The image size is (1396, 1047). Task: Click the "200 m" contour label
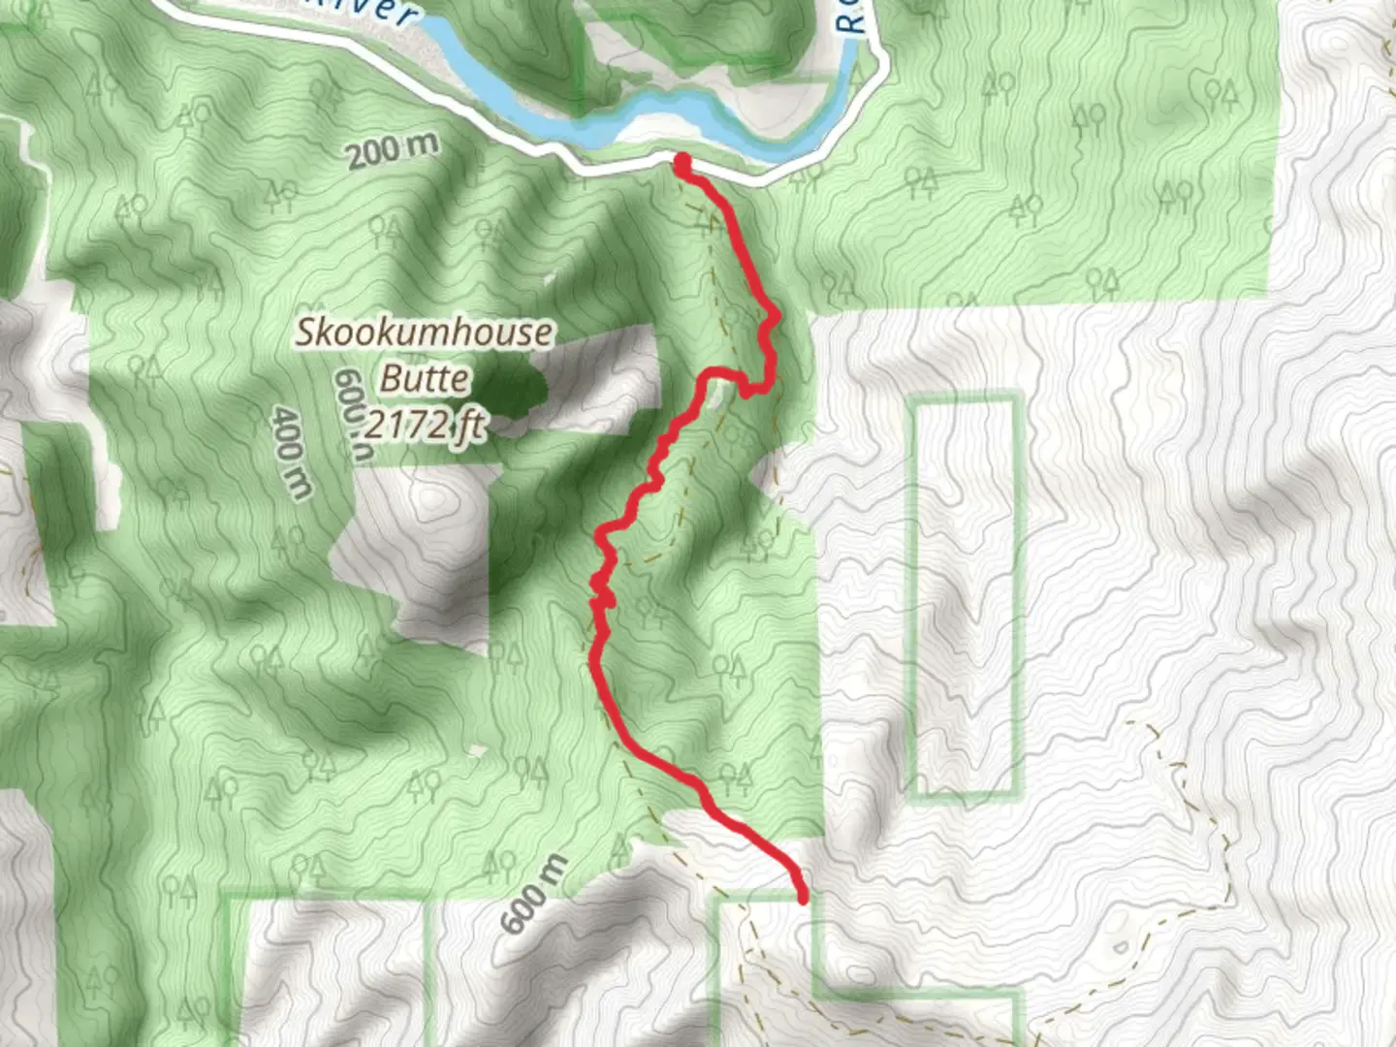click(393, 150)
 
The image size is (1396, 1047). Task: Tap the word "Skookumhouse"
click(425, 333)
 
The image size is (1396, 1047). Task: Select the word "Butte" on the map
click(425, 377)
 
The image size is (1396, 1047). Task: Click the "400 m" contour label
click(290, 453)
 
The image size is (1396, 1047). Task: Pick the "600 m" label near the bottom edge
click(533, 893)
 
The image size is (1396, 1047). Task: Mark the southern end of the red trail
click(803, 899)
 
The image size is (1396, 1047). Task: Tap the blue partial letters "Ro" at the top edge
click(851, 17)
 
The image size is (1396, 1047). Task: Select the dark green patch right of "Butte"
click(511, 393)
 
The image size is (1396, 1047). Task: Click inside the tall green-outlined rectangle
click(966, 596)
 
